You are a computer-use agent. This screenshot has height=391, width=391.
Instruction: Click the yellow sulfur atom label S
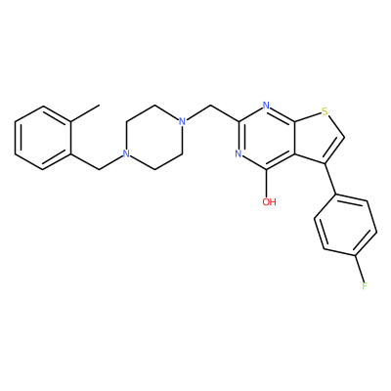(x=325, y=112)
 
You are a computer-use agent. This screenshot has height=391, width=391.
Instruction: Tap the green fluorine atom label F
(x=365, y=286)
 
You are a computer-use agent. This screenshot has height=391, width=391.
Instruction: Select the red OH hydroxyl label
(x=269, y=202)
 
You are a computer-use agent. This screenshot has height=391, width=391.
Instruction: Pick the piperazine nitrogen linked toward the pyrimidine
(x=183, y=122)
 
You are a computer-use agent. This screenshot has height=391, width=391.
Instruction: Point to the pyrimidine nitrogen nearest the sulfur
(x=266, y=106)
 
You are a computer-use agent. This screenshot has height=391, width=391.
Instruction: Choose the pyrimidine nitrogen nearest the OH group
(x=239, y=153)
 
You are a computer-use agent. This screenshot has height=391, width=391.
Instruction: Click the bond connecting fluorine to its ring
(x=360, y=269)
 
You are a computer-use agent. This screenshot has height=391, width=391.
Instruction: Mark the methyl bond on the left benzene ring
(x=84, y=113)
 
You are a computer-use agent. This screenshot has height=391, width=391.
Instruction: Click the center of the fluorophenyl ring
(x=346, y=225)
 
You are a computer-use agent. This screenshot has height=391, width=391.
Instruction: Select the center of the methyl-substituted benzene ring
(x=43, y=138)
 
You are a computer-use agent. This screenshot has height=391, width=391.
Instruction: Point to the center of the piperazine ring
(x=154, y=138)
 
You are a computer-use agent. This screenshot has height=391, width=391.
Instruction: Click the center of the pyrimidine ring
(x=267, y=138)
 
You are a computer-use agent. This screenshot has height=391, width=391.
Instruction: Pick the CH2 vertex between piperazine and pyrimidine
(x=211, y=106)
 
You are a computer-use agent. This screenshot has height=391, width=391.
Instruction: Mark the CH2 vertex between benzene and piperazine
(x=99, y=169)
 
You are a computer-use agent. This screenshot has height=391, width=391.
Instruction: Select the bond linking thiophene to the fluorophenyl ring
(x=330, y=179)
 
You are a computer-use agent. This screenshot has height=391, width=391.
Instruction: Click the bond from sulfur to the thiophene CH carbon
(x=336, y=126)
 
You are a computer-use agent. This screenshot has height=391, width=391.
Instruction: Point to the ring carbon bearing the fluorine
(x=355, y=255)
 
